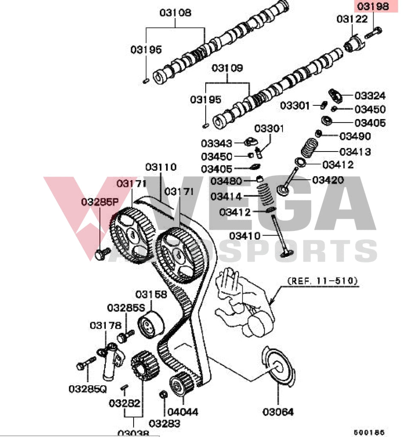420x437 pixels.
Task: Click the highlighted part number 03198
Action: [x=373, y=6]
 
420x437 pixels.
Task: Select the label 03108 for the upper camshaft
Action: [x=175, y=13]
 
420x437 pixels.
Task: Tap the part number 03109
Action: [x=227, y=68]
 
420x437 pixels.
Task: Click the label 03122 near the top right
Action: [x=352, y=19]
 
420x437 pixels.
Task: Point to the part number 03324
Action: [x=370, y=96]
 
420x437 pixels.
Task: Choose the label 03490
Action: [x=355, y=136]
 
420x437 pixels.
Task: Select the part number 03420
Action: [x=328, y=180]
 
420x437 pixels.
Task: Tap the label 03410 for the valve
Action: [x=245, y=235]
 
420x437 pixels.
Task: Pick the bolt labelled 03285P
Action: [x=102, y=253]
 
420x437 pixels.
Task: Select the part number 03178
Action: [x=105, y=326]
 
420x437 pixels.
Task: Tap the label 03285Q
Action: [x=87, y=389]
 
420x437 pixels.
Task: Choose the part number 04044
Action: [x=182, y=412]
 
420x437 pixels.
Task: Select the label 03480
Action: [x=227, y=181]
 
